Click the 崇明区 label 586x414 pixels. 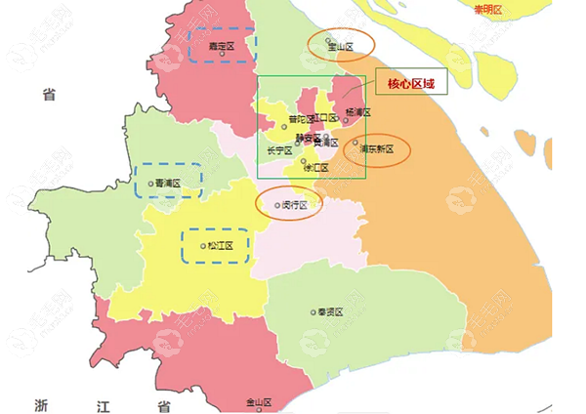coord(486,10)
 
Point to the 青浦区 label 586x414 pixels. coord(169,183)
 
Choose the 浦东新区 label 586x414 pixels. coord(376,149)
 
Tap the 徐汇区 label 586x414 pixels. coord(316,167)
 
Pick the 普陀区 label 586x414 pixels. coord(301,120)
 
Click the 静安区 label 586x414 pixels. coord(308,138)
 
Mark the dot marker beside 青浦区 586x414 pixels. coord(150,183)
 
